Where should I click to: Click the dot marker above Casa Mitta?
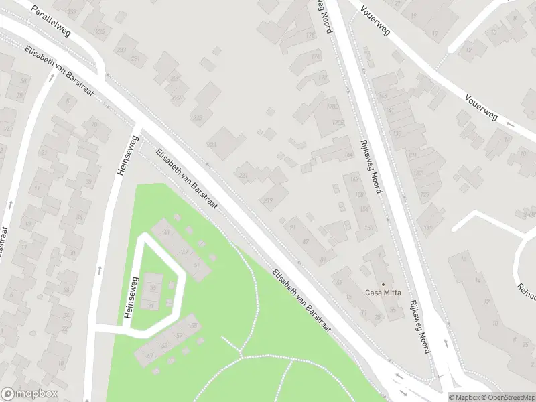pos(383,284)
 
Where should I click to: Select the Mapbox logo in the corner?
pos(29,394)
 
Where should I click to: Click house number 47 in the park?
pos(185,251)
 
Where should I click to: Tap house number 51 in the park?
pos(197,265)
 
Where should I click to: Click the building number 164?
pos(348,155)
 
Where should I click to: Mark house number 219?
pos(268,200)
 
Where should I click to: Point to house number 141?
pos(389,111)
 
